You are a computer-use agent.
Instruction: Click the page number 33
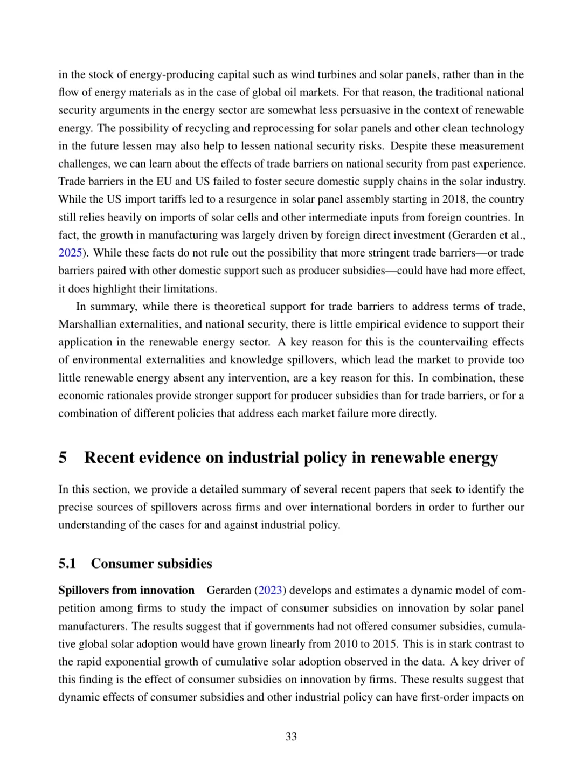291,737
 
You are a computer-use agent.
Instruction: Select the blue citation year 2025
70,253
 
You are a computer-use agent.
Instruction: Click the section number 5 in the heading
63,458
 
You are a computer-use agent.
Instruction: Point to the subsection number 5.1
67,564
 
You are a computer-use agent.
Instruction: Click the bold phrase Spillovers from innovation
126,590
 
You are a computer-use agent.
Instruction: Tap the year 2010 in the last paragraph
345,644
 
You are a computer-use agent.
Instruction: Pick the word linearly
267,644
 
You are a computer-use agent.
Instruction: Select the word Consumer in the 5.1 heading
116,564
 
